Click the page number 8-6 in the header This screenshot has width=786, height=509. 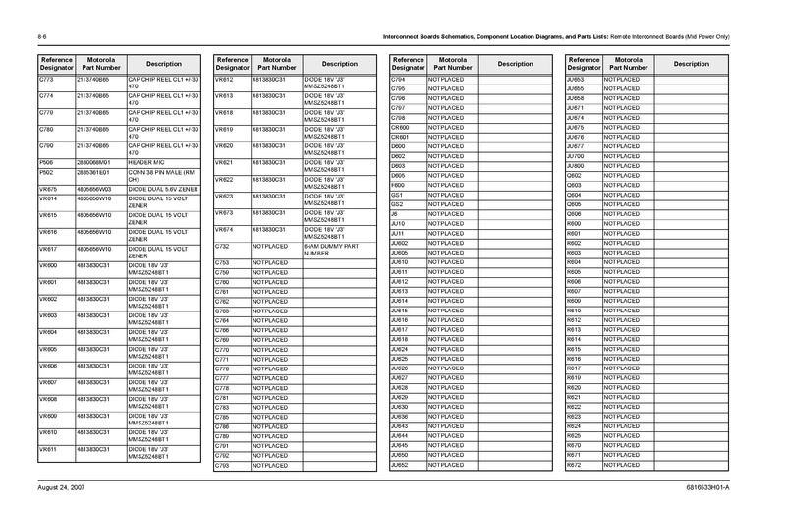tap(42, 36)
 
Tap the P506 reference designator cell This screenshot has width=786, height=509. tap(46, 161)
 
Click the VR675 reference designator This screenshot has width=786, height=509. tap(48, 188)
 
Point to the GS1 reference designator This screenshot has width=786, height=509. tap(398, 195)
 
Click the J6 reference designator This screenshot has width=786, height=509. tap(395, 213)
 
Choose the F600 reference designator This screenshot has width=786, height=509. tap(399, 185)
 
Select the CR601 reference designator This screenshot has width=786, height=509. tap(400, 137)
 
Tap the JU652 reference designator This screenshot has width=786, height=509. tap(400, 465)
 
